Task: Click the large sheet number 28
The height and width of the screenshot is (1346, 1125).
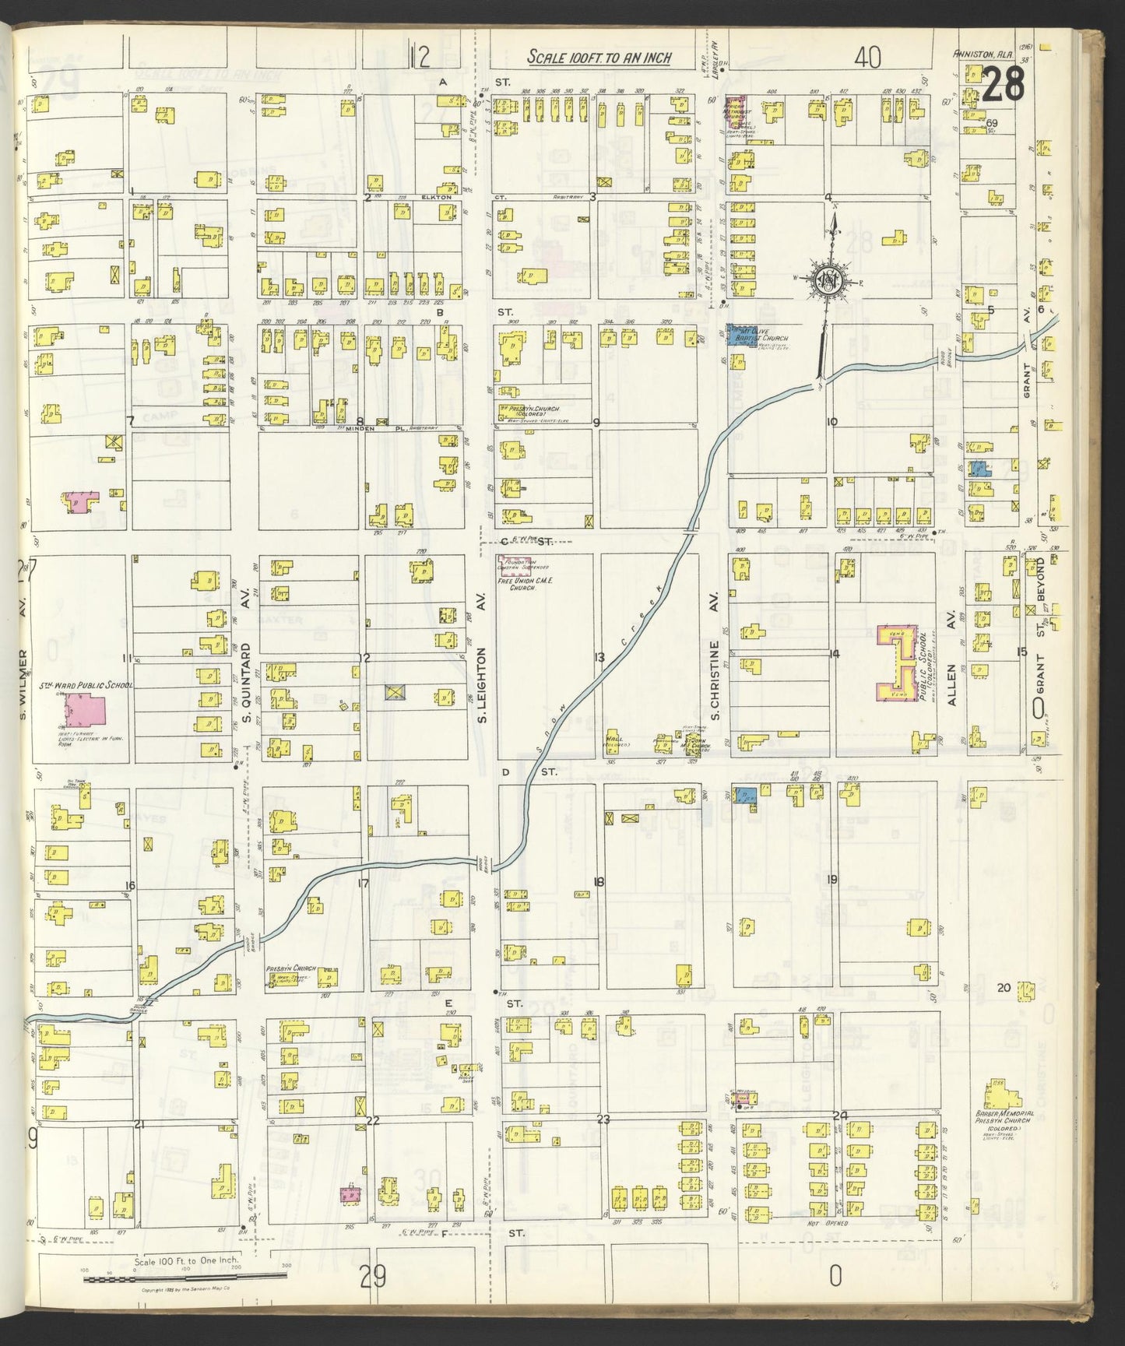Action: [1004, 85]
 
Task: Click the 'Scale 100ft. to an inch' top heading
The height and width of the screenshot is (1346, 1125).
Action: [599, 58]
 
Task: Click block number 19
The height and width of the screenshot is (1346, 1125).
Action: [832, 880]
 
